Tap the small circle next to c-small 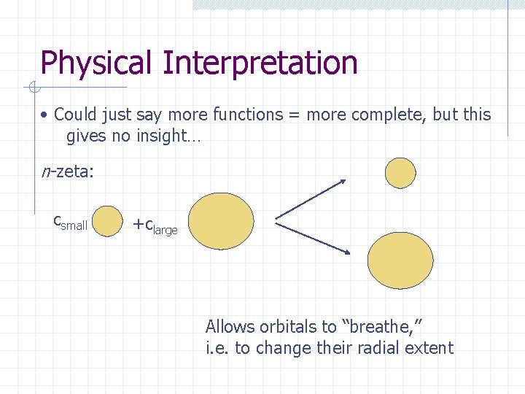109,221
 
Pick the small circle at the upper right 400,173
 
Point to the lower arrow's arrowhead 347,252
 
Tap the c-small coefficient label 70,223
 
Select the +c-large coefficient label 155,226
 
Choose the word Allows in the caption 230,326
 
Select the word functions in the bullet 246,115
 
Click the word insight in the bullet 160,136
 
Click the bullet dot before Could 45,115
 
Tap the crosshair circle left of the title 34,88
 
